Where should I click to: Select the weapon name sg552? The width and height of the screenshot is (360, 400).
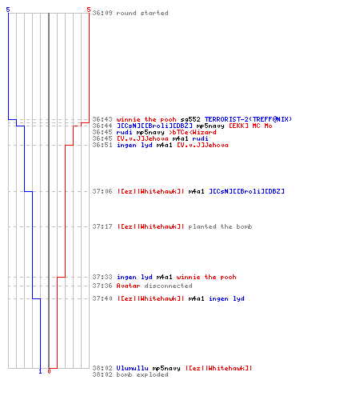[190, 119]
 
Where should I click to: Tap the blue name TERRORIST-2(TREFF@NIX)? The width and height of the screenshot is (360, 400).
[248, 119]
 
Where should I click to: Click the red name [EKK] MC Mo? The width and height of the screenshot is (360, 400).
[250, 126]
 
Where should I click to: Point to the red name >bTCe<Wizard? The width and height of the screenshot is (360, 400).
[193, 132]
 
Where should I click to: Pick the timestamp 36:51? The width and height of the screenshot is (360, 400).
[102, 145]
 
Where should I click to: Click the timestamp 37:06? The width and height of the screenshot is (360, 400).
[102, 191]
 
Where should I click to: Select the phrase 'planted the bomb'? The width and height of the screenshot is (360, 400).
[220, 226]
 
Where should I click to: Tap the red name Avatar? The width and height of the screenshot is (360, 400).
[128, 286]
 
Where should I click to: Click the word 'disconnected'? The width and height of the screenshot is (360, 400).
[168, 286]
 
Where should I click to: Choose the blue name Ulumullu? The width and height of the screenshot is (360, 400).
[132, 368]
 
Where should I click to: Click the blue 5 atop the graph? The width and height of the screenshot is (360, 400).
[8, 10]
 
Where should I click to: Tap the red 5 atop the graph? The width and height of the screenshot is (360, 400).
[89, 10]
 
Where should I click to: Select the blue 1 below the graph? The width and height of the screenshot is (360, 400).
[40, 372]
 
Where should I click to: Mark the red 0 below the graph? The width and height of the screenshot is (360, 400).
[49, 371]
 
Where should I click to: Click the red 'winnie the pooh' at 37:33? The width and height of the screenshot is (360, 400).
[206, 277]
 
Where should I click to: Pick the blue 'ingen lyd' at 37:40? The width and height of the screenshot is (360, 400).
[226, 298]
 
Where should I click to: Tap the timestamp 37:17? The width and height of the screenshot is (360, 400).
[102, 226]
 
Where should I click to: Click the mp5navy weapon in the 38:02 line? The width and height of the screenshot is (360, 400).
[166, 368]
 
